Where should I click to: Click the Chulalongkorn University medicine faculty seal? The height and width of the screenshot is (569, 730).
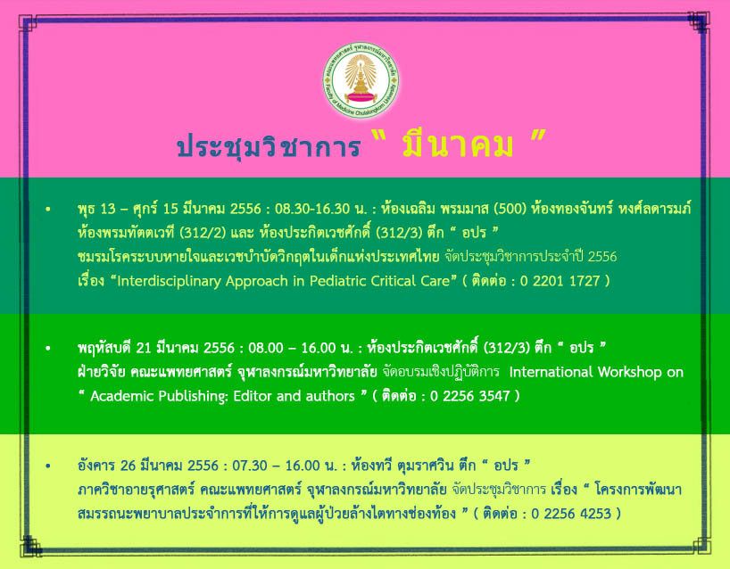point(361,80)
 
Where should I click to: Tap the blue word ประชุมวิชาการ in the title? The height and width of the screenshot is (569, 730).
point(269,145)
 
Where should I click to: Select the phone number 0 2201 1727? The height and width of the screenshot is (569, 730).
point(560,281)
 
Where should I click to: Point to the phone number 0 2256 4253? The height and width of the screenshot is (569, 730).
point(571,513)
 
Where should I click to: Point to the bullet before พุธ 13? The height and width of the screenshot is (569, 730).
point(48,210)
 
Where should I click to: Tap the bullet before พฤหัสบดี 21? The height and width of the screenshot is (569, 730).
point(48,348)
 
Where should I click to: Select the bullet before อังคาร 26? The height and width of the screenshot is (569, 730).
point(48,466)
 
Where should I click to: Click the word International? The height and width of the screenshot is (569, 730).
point(551,372)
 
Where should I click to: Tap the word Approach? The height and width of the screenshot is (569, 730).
point(257,282)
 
